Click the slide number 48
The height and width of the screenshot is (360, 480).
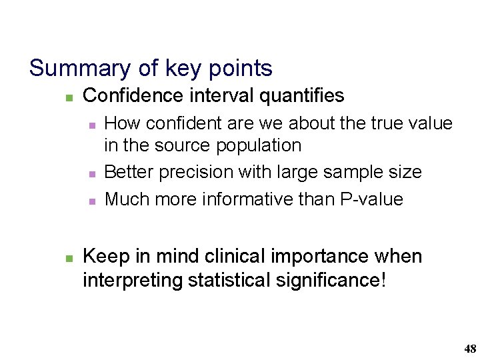[470, 349]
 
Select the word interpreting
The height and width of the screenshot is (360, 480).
[133, 281]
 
